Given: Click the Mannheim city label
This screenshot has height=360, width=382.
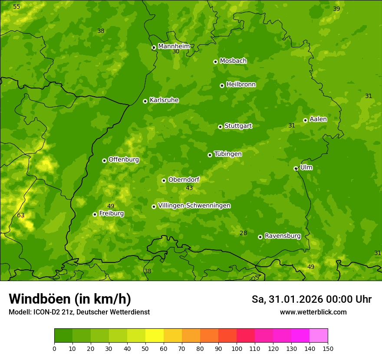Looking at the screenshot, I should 174,46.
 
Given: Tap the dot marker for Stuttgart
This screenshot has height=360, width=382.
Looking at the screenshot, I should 220,127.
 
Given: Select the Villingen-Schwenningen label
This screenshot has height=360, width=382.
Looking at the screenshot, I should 194,206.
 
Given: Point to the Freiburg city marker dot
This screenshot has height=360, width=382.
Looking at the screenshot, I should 95,214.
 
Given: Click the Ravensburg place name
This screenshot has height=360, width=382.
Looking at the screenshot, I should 282,236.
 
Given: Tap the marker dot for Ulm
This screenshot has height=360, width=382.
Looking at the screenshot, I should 296,168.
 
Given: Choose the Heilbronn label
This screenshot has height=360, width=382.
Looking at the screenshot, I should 241,85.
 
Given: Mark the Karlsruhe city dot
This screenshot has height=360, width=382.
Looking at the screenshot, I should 145,101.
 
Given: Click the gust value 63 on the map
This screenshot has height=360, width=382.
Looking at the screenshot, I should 21,215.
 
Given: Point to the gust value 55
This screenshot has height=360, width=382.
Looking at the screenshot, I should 16,7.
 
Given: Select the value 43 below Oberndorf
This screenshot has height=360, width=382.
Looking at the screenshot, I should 189,188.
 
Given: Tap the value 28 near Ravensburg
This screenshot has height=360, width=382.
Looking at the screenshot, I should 244,233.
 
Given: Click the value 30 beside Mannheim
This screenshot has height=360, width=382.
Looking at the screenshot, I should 176,51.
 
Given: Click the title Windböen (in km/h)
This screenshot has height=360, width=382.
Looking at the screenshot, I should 70,299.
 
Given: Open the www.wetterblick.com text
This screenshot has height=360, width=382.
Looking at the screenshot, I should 313,312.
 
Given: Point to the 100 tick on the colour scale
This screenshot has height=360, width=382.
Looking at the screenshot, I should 237,348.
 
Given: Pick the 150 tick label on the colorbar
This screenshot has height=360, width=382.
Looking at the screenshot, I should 328,348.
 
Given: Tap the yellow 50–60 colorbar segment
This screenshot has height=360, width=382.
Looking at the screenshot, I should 155,335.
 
